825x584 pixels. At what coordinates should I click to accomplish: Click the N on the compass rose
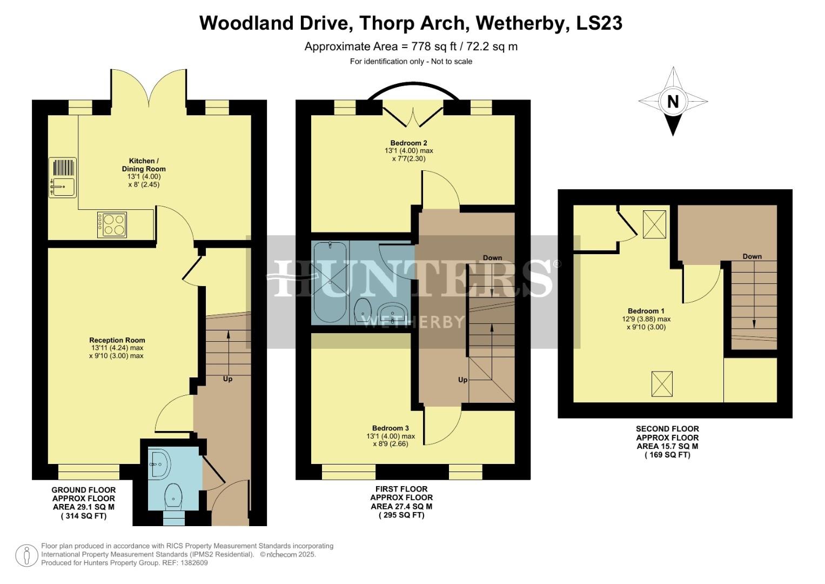673,102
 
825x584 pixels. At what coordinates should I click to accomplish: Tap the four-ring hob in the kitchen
112,224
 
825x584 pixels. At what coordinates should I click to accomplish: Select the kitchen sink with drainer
63,177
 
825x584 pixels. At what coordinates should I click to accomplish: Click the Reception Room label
117,340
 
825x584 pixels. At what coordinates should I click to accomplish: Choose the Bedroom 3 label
391,428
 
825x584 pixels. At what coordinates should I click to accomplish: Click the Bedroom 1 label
646,311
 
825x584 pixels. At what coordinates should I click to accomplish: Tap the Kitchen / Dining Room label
144,165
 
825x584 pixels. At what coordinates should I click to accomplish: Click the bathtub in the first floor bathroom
330,282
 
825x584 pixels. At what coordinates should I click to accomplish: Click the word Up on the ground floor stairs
227,379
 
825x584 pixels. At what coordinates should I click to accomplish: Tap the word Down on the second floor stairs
752,256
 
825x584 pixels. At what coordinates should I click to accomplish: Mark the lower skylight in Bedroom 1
662,383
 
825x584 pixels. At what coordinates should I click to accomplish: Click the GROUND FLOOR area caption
83,503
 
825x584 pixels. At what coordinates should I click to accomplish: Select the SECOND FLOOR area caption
667,442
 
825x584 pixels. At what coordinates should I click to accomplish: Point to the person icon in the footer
25,556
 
